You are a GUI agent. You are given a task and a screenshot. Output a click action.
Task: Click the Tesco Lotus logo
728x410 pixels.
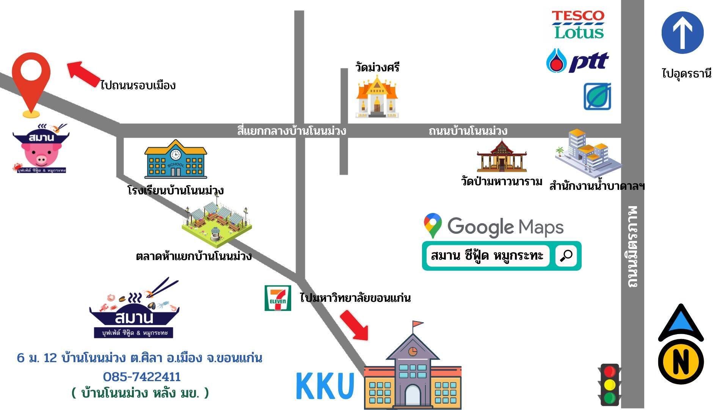tap(578, 25)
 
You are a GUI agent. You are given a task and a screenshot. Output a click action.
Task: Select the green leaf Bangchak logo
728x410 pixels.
tap(597, 96)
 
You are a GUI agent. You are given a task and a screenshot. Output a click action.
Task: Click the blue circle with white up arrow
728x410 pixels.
tap(682, 32)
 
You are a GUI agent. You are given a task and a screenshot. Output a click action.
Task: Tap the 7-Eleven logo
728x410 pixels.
tap(278, 298)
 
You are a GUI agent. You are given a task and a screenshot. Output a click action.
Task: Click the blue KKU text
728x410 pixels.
tap(325, 386)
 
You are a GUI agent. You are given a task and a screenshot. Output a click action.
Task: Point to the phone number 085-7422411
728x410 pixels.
tap(142, 377)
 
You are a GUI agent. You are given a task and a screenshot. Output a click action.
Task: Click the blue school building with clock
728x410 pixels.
tap(176, 159)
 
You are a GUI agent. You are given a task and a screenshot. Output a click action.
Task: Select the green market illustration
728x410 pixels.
tap(217, 224)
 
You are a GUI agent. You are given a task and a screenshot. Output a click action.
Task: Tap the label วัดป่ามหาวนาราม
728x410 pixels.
tap(501, 181)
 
